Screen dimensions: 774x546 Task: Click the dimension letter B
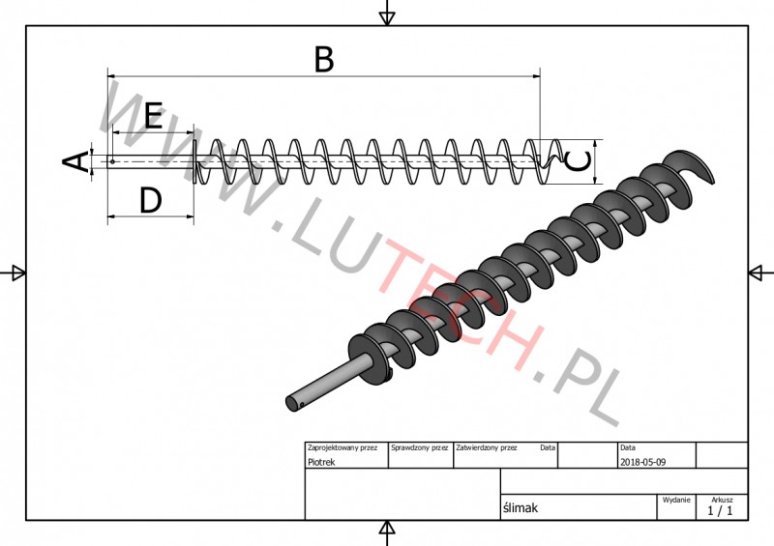coord(324,60)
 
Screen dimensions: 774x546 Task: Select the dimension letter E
coord(153,115)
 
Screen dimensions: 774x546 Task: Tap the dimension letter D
coord(151,200)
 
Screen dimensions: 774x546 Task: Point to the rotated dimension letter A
coord(75,161)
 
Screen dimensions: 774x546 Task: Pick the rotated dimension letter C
coord(578,161)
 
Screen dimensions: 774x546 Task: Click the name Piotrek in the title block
coord(321,462)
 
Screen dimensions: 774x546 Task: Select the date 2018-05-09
coord(642,462)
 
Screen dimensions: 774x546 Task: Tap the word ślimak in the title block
coord(521,508)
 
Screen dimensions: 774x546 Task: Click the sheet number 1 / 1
coord(720,510)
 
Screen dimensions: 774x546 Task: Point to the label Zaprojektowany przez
coord(342,447)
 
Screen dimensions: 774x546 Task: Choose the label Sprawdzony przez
coord(420,447)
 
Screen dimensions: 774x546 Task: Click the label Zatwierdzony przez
coord(487,447)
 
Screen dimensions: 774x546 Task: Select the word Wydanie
coord(676,500)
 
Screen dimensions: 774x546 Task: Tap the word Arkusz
coord(722,500)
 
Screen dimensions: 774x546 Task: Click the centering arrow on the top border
coord(387,14)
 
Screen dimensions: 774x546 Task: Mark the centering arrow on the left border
coord(15,273)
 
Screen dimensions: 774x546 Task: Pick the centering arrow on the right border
coord(760,273)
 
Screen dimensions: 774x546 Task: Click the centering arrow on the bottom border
coord(387,532)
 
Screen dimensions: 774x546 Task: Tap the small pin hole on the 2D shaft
coord(112,161)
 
